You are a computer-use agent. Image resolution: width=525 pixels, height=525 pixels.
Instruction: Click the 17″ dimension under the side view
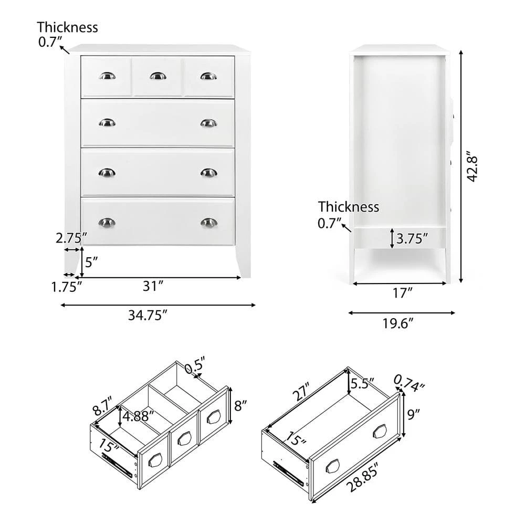click(401, 293)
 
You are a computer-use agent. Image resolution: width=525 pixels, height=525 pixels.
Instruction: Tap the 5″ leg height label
click(91, 262)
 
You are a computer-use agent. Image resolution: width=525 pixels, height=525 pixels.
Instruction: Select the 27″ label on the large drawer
click(304, 391)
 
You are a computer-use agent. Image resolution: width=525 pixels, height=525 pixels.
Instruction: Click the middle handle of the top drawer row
click(157, 76)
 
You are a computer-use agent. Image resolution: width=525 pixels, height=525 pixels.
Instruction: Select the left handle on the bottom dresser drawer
click(107, 222)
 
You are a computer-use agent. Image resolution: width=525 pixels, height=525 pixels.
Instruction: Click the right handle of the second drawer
click(208, 123)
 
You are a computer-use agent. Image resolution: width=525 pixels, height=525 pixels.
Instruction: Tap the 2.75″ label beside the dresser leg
click(70, 238)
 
